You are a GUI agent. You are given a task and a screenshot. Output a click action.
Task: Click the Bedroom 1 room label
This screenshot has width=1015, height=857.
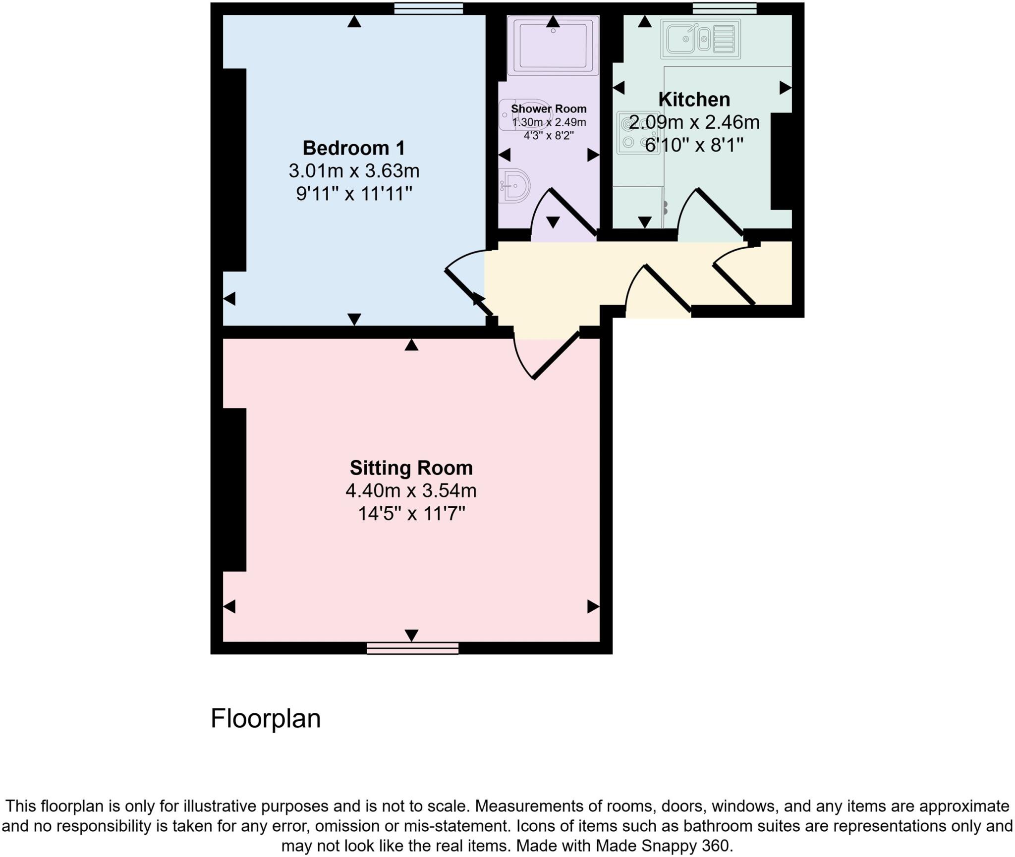tap(354, 148)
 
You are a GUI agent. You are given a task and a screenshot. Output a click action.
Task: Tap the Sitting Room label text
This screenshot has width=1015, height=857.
tap(411, 468)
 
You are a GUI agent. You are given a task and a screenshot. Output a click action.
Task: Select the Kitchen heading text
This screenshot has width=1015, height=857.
tap(694, 100)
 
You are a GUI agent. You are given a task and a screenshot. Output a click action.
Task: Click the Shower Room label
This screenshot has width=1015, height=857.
tap(549, 108)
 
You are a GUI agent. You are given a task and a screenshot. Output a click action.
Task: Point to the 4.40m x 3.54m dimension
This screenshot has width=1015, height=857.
tap(411, 490)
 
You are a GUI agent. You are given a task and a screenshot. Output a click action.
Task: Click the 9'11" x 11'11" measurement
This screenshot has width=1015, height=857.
tap(354, 194)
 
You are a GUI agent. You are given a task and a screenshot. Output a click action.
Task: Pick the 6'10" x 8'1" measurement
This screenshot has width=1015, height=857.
tap(694, 145)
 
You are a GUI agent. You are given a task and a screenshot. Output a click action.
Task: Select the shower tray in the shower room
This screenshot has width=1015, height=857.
tap(553, 46)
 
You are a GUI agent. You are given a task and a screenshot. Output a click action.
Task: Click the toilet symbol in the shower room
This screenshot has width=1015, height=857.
tap(517, 115)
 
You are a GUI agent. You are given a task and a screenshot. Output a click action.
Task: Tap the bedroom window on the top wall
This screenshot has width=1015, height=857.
tap(428, 8)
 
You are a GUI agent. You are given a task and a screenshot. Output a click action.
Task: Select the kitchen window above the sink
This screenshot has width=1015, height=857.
tap(724, 8)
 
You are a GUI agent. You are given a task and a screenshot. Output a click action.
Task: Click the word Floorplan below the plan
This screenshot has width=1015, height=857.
tap(266, 718)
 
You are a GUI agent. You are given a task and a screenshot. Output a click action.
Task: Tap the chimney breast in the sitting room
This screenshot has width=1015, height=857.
tap(234, 489)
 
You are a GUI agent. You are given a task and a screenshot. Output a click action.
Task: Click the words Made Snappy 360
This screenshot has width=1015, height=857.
tap(663, 845)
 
